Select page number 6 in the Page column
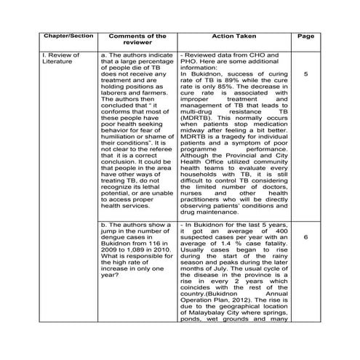[306, 237]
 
